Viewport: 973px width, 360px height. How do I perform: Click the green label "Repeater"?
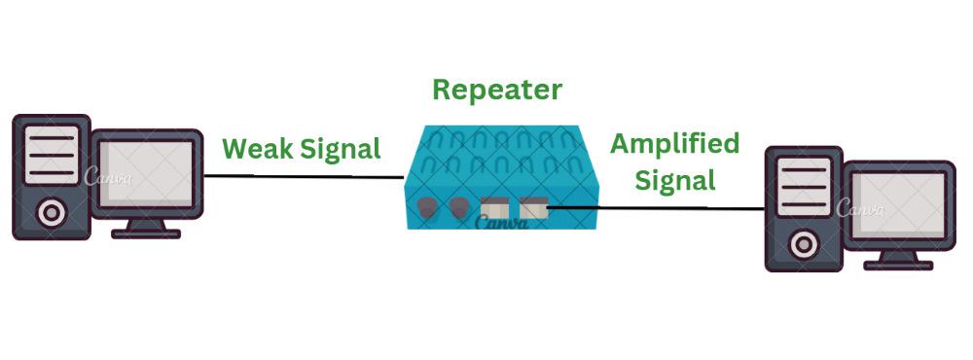(497, 90)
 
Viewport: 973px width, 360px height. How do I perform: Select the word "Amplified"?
(674, 144)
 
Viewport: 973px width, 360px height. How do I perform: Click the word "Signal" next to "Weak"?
(339, 150)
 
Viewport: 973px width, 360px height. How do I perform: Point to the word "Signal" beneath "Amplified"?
(673, 180)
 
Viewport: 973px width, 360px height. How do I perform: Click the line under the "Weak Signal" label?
(303, 176)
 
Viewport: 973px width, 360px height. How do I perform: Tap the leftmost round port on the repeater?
(426, 207)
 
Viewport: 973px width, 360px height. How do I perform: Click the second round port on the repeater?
(458, 207)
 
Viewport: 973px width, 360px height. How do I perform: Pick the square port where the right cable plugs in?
(531, 207)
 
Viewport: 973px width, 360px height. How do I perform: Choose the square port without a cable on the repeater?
(495, 207)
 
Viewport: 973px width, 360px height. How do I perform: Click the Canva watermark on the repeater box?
(501, 223)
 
